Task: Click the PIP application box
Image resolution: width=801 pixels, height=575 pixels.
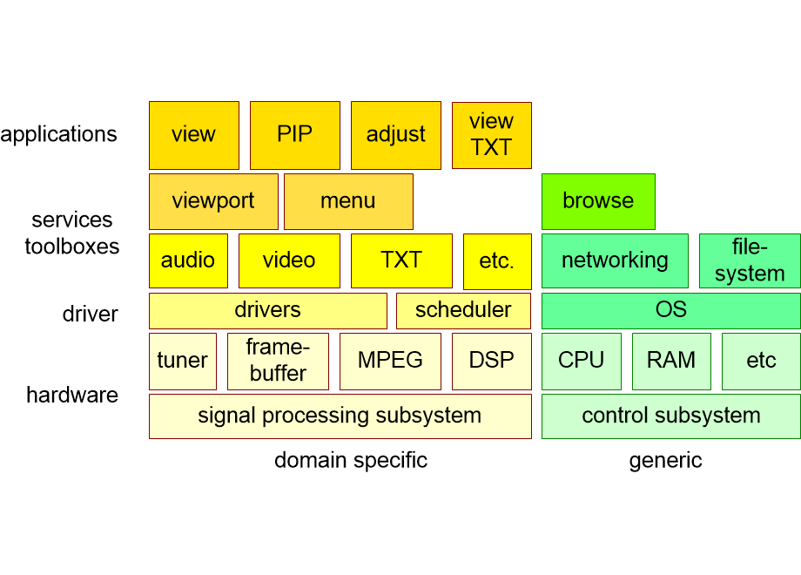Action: pos(294,135)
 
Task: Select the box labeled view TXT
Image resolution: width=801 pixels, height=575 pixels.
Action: pos(491,135)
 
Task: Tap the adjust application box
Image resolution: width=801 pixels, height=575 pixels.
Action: pos(395,135)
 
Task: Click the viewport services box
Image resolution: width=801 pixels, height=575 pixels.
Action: pos(213,201)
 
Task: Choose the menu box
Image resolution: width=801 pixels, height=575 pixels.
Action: pos(348,201)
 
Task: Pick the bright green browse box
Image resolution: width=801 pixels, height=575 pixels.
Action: pos(598,201)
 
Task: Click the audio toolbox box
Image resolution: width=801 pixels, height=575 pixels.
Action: pos(188,260)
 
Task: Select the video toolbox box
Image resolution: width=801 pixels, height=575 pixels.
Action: pos(289,260)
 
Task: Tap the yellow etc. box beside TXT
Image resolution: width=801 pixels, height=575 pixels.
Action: pos(497,261)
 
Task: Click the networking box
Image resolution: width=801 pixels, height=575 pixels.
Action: pos(615,260)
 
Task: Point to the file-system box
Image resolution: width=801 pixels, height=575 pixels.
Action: pos(750,260)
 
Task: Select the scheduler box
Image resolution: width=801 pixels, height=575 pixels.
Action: pos(463,310)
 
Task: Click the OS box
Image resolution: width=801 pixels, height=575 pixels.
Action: pos(670,310)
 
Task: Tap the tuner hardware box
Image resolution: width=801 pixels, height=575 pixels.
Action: pos(182,361)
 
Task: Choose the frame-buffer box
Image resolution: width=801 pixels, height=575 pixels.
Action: pos(278,361)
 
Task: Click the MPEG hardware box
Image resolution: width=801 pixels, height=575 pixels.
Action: pos(390,361)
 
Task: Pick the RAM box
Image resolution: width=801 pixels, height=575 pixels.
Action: pos(671,361)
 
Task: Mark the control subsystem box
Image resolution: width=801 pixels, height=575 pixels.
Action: pos(670,416)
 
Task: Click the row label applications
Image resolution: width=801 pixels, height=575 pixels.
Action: pos(58,134)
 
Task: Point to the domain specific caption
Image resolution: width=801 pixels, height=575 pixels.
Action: pos(351,460)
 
